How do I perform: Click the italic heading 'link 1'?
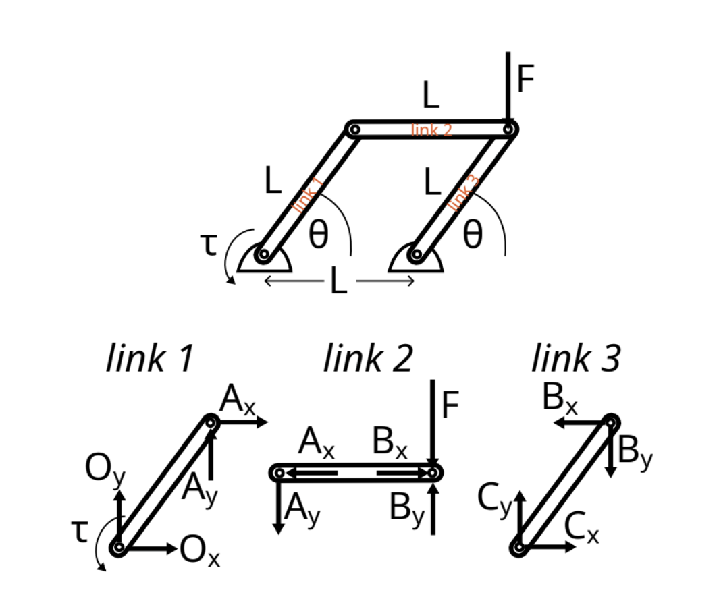point(150,357)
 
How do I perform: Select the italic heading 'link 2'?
point(368,357)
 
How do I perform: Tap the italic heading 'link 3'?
point(576,357)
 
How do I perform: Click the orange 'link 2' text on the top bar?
point(431,130)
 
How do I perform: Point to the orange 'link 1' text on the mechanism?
point(308,194)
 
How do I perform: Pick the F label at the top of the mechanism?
point(525,80)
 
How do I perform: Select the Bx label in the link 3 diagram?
point(560,401)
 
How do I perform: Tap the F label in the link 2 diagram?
point(450,406)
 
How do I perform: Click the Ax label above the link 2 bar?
point(317,445)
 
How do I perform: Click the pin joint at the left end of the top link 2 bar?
point(354,128)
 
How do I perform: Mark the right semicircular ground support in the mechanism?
point(417,260)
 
